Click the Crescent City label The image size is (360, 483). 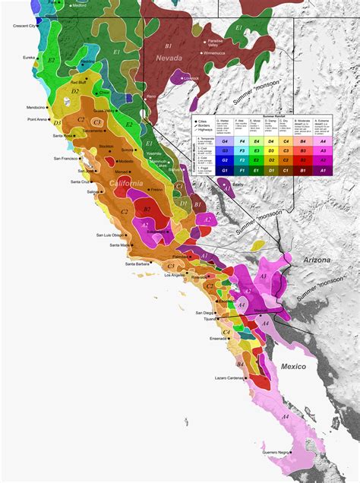tap(27, 26)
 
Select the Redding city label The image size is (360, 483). tap(89, 62)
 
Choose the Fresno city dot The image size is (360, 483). tap(147, 188)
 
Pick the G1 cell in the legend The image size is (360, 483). tap(224, 171)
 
